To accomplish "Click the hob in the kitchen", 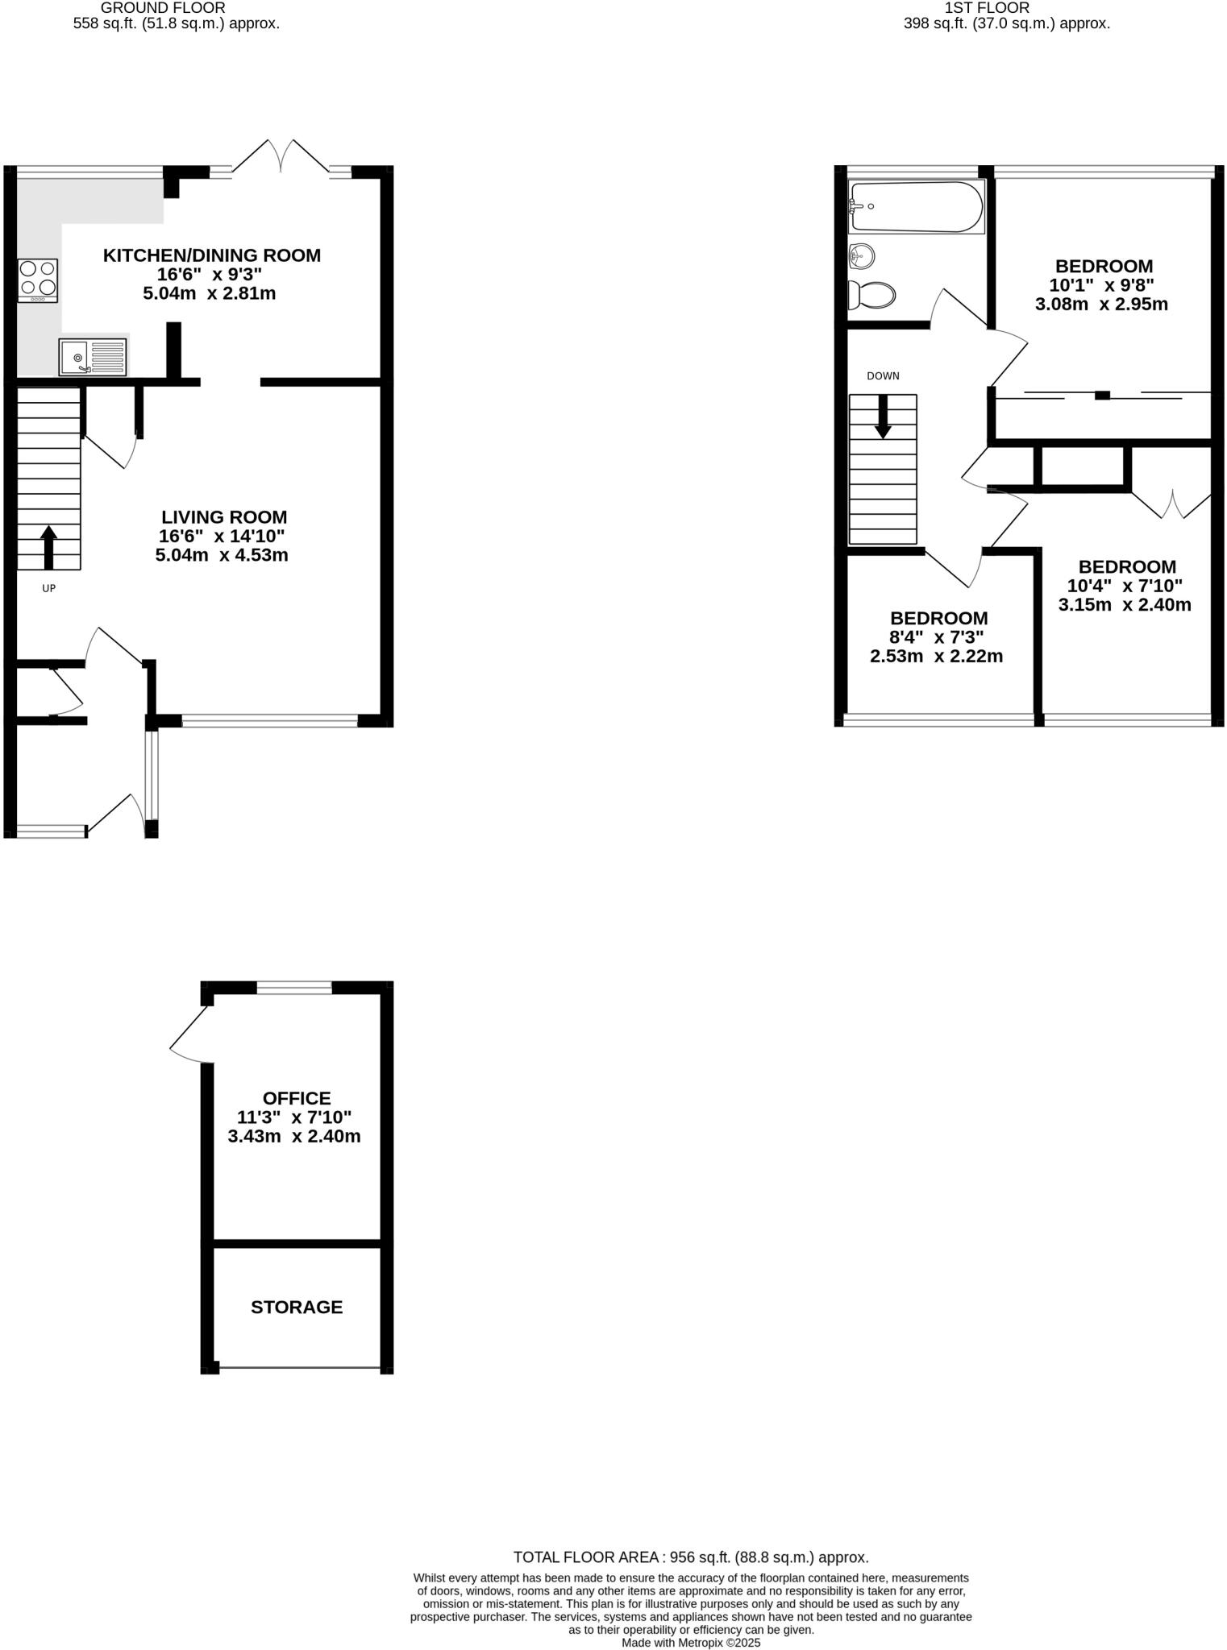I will [x=38, y=280].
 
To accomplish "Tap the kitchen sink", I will [x=93, y=357].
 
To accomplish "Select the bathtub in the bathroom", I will [x=917, y=207].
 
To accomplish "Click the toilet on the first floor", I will [x=871, y=295].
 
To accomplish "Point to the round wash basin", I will [x=862, y=257].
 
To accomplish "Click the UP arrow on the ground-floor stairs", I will [x=48, y=547].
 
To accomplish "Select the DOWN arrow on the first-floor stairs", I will [x=883, y=417].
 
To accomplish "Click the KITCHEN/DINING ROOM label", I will [x=211, y=255].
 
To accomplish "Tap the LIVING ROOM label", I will [x=224, y=517].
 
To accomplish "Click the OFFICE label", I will [x=297, y=1098].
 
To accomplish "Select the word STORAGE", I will [x=297, y=1307].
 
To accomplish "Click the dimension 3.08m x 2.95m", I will [x=1101, y=305].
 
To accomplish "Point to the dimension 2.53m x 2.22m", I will [x=936, y=657].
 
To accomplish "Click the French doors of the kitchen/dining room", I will [x=281, y=157].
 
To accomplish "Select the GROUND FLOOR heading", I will [x=163, y=7].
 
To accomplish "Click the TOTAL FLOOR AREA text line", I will [x=691, y=1557].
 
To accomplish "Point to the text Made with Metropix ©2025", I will [x=691, y=1643].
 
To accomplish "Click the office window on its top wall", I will [x=294, y=988].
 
